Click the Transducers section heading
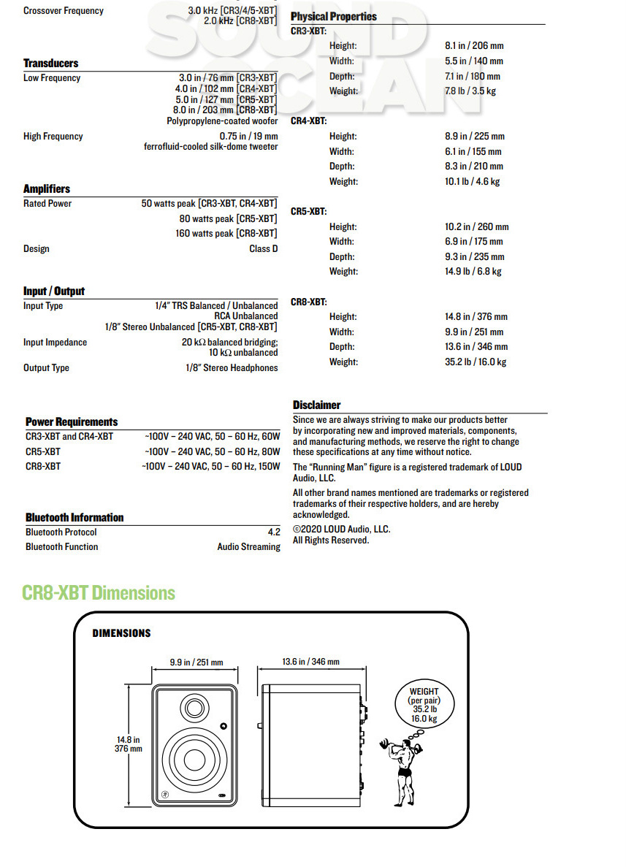[x=50, y=64]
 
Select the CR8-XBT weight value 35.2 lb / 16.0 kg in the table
[x=476, y=362]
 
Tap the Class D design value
[x=263, y=249]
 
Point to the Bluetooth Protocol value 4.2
[x=274, y=532]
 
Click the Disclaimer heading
[x=316, y=405]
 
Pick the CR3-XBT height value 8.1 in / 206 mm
[x=474, y=45]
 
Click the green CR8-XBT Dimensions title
[x=99, y=592]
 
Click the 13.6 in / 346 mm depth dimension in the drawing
[x=310, y=662]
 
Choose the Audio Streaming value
[x=248, y=547]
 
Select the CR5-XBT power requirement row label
[x=43, y=451]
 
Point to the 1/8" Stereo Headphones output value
[x=232, y=368]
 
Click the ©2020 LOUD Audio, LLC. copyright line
[x=341, y=530]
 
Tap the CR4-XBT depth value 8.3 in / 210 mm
[x=474, y=167]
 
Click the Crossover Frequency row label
[x=64, y=11]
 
